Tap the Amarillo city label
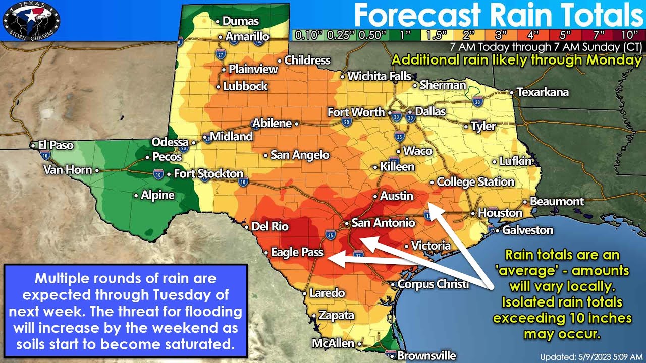tap(247, 37)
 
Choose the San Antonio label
tap(383, 223)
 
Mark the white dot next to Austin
tap(375, 196)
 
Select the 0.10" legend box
tap(308, 35)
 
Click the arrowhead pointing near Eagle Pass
tap(330, 259)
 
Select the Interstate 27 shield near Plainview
tap(221, 53)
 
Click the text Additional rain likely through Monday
tap(516, 59)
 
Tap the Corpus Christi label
tap(433, 284)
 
